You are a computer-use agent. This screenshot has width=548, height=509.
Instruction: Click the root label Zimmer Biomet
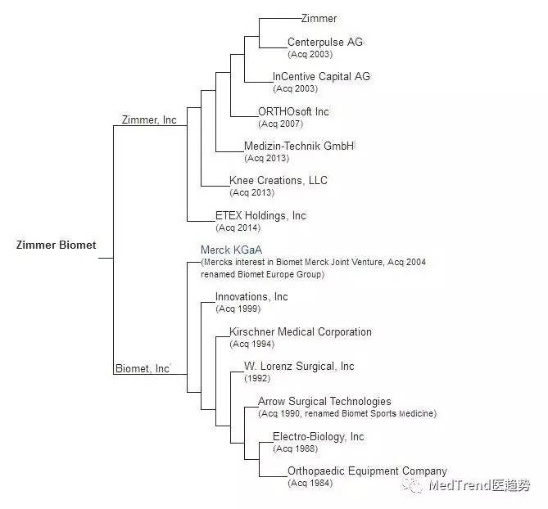click(x=56, y=245)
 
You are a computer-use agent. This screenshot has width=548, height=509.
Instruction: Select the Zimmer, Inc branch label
click(x=148, y=119)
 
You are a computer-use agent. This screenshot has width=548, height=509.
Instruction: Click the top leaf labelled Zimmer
click(x=319, y=18)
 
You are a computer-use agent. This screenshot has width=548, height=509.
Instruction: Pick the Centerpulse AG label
click(x=324, y=42)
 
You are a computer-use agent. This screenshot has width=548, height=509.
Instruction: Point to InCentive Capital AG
click(x=321, y=76)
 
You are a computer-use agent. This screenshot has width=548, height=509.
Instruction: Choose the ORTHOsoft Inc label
click(x=293, y=111)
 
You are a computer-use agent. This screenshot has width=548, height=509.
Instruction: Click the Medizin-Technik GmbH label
click(x=299, y=146)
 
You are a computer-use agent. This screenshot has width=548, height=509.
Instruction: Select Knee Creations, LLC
click(x=279, y=180)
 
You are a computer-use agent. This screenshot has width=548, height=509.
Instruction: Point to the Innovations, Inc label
click(x=251, y=296)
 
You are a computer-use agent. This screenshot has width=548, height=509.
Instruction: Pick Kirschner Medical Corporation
click(x=300, y=331)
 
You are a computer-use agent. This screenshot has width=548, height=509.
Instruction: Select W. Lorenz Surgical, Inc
click(x=299, y=366)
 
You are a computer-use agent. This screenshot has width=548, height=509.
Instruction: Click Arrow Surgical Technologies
click(x=324, y=401)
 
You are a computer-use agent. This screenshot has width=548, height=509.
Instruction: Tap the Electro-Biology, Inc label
click(x=318, y=436)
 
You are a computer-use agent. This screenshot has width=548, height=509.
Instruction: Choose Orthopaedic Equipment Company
click(x=367, y=471)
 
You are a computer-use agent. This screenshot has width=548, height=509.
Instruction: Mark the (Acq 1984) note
click(x=310, y=484)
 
